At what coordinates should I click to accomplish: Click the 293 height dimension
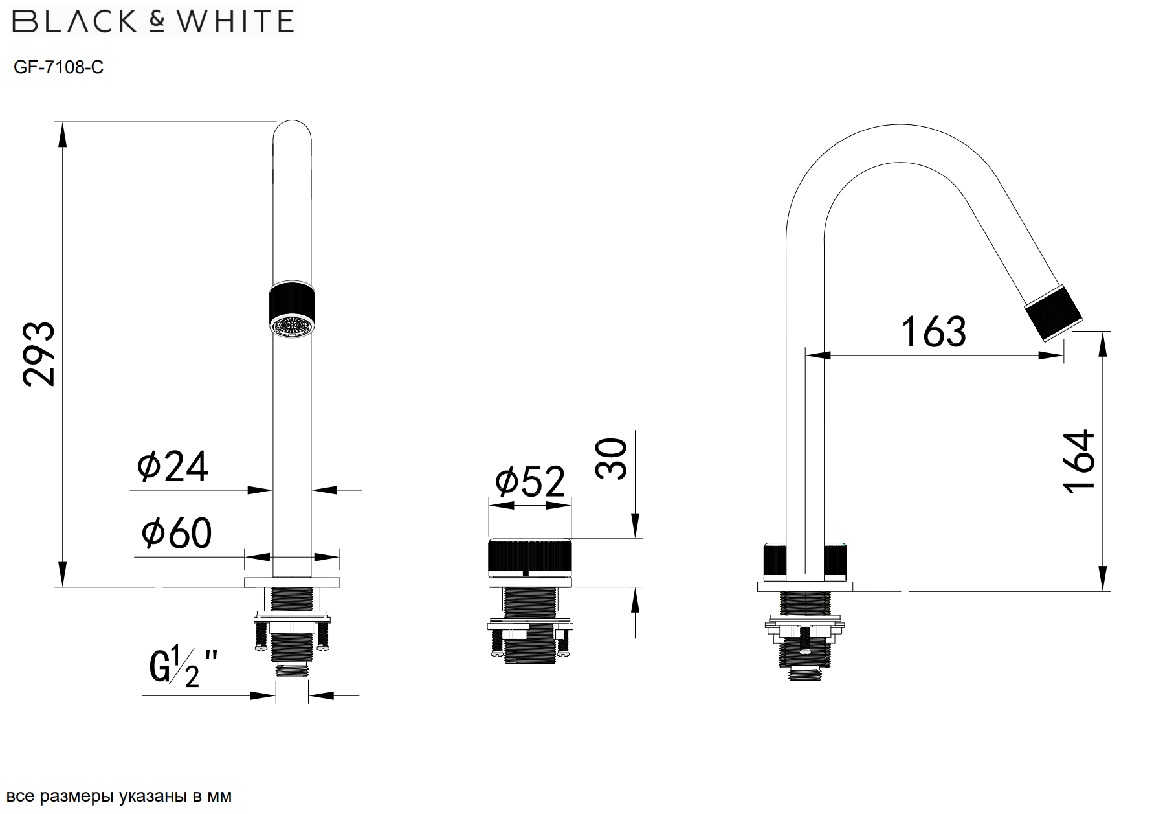pos(39,354)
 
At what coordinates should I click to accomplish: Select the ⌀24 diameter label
pos(173,466)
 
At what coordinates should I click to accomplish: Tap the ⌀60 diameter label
pos(176,533)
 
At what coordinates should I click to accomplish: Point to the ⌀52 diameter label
pos(529,481)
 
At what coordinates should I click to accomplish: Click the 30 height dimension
pos(612,458)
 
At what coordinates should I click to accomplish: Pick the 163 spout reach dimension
pos(933,332)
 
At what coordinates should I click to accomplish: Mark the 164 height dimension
pos(1079,461)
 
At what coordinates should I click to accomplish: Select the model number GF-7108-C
pos(58,67)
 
